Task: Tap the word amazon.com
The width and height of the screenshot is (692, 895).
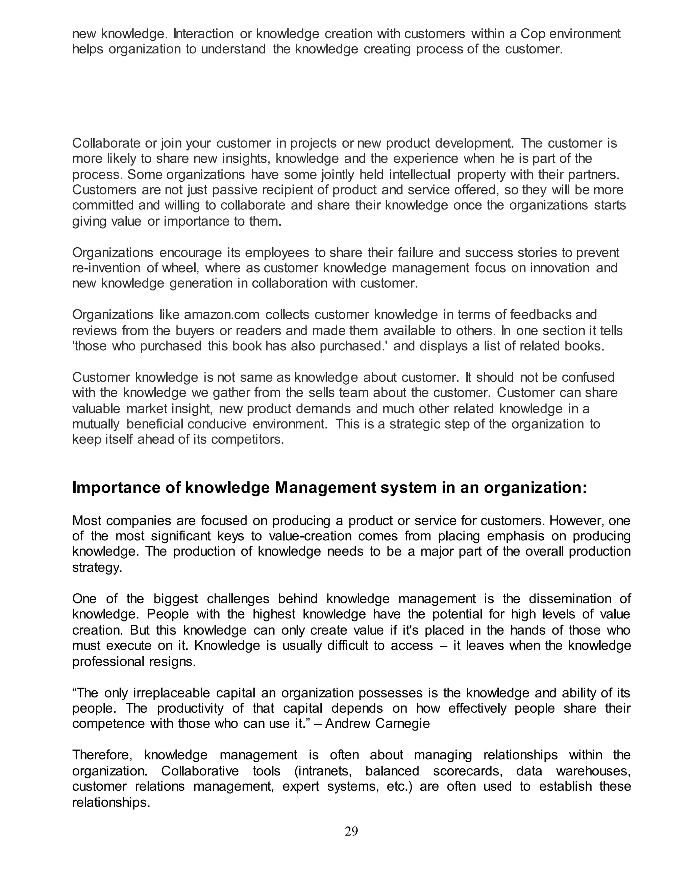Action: pos(222,315)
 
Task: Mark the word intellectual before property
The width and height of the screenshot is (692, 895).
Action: pos(419,174)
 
